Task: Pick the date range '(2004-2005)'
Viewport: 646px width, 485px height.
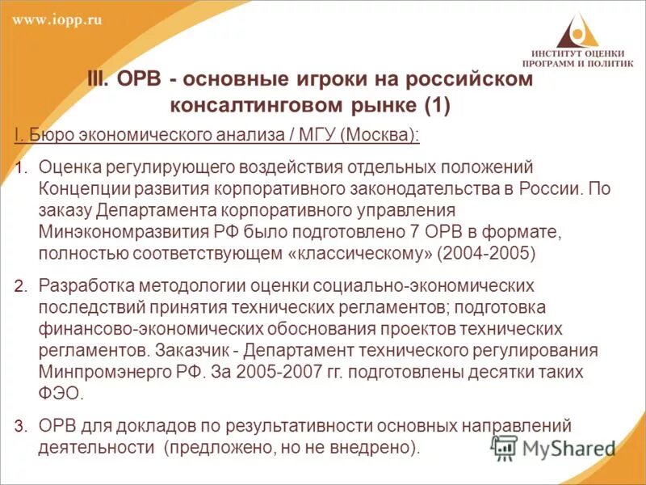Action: coord(486,252)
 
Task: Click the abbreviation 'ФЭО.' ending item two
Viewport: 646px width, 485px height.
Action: coord(61,393)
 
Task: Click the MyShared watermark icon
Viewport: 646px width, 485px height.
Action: coord(505,448)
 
